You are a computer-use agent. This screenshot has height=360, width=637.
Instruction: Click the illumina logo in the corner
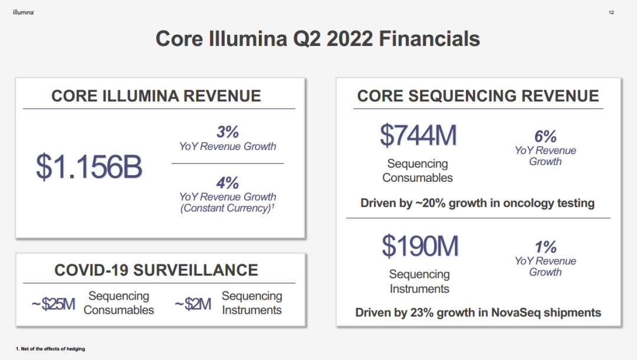pyautogui.click(x=24, y=12)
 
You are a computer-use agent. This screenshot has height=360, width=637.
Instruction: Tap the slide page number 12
pyautogui.click(x=611, y=12)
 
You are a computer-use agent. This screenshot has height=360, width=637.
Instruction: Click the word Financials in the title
pyautogui.click(x=429, y=39)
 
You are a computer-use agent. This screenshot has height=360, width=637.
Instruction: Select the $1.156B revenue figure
pyautogui.click(x=89, y=166)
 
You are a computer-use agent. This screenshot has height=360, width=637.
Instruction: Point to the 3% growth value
pyautogui.click(x=228, y=132)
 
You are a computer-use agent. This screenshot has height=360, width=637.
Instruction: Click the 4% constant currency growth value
pyautogui.click(x=228, y=183)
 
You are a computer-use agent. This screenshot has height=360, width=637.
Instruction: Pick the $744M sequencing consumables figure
pyautogui.click(x=418, y=135)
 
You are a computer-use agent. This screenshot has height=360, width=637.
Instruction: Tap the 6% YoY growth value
pyautogui.click(x=545, y=136)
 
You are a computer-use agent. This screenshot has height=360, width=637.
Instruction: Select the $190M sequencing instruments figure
pyautogui.click(x=420, y=246)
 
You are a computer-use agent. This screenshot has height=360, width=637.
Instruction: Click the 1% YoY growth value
pyautogui.click(x=545, y=247)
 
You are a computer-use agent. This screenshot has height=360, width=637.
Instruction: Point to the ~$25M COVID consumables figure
pyautogui.click(x=53, y=304)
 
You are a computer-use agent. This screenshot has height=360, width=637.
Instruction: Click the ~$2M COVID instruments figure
pyautogui.click(x=193, y=304)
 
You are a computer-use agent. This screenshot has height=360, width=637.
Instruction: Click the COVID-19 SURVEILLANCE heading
pyautogui.click(x=156, y=270)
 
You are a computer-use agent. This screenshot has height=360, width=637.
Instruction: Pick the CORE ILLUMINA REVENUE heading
pyautogui.click(x=156, y=96)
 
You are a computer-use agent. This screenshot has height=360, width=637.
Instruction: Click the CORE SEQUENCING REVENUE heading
pyautogui.click(x=478, y=96)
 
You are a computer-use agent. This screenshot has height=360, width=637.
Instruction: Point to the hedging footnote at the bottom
pyautogui.click(x=50, y=349)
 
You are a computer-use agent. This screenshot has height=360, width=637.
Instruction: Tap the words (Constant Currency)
pyautogui.click(x=225, y=208)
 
